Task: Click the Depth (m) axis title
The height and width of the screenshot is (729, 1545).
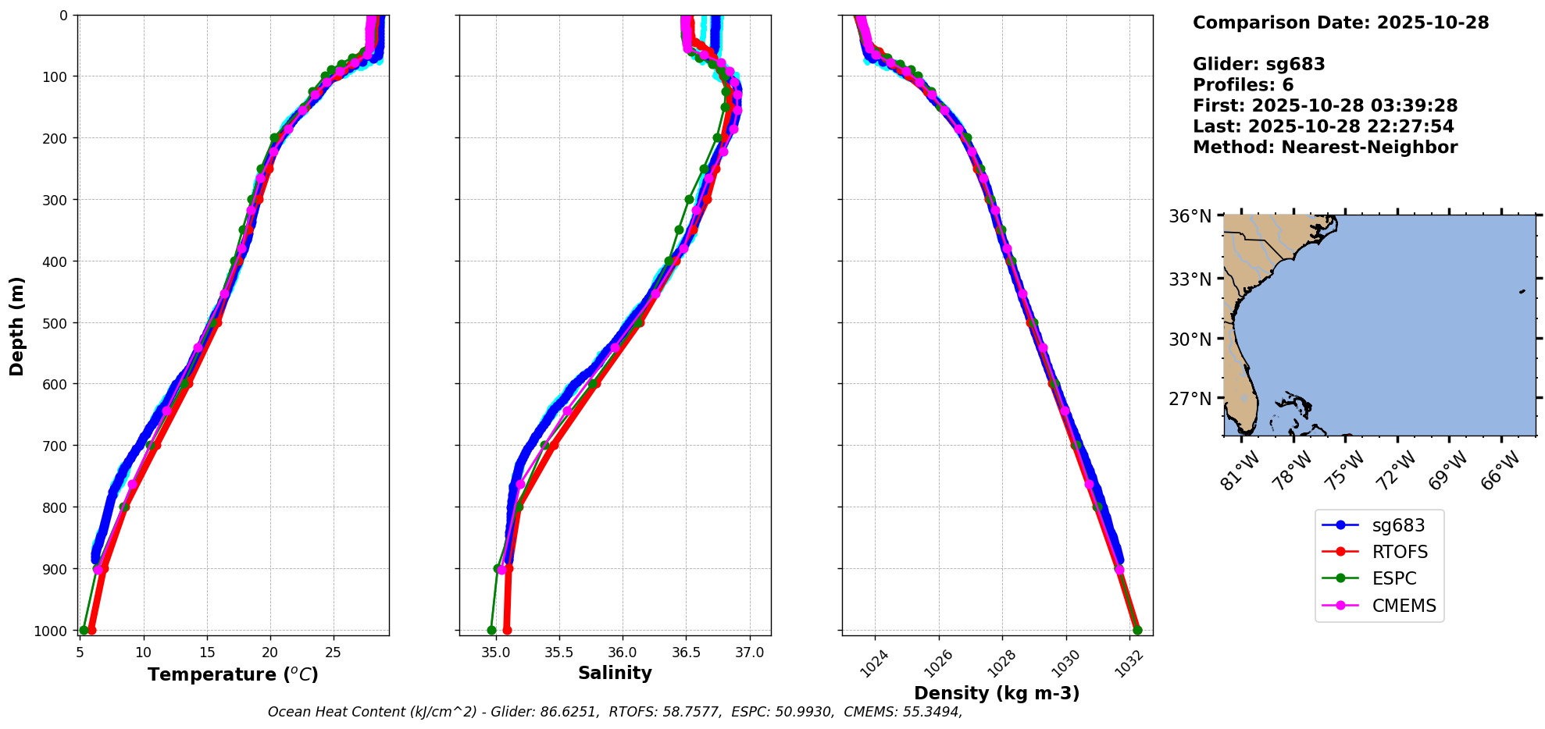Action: point(17,325)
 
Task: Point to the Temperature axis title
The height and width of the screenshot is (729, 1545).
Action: point(233,674)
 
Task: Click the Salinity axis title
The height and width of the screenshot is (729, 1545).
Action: point(615,673)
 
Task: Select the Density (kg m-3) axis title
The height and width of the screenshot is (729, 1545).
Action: point(997,693)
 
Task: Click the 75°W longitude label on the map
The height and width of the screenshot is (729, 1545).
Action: point(1345,471)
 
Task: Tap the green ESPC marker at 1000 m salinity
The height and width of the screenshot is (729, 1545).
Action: point(491,630)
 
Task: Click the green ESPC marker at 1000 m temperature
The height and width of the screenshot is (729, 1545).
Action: point(84,630)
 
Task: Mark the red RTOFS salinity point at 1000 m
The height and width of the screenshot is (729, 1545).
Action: point(507,630)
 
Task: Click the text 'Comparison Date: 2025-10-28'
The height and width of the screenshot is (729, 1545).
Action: point(1340,23)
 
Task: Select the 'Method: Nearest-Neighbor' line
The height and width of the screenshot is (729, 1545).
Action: point(1325,148)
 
